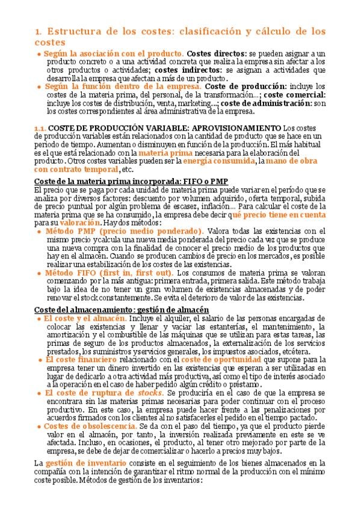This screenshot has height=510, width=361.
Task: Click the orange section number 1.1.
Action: click(40, 127)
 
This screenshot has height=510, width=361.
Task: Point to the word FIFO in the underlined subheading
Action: click(181, 182)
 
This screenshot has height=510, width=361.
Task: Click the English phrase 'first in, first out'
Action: click(141, 272)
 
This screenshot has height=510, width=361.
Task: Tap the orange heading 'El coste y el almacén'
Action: click(84, 318)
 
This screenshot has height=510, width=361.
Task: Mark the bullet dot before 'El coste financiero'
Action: click(40, 359)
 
